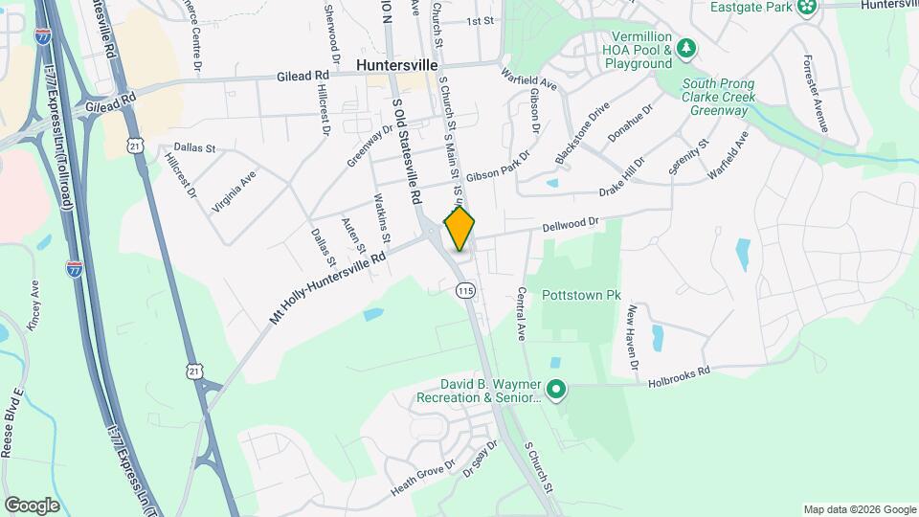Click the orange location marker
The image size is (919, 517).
point(459,228)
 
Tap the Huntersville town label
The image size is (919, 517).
point(396,64)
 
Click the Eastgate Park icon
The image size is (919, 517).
point(808,8)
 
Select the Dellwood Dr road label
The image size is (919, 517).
point(570,223)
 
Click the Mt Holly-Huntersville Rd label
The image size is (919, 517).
point(327,286)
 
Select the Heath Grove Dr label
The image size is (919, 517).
point(422,479)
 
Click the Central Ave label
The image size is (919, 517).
point(522,314)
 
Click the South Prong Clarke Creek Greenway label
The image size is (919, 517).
point(718,98)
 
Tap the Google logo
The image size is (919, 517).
point(32,506)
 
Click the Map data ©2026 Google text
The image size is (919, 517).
point(859,509)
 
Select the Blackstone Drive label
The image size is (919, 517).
point(582,137)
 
